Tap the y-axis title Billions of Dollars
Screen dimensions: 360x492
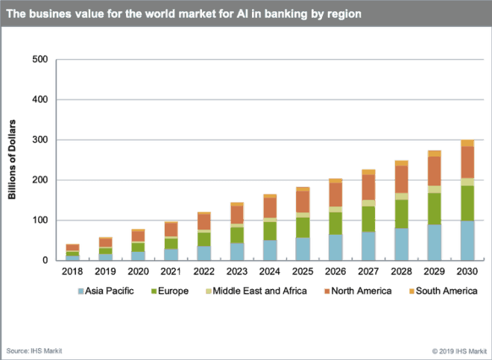[13, 160]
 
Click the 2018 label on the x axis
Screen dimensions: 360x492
[72, 273]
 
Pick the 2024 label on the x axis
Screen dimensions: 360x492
[270, 273]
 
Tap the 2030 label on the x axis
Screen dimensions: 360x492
[467, 273]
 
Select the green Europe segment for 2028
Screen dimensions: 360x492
[401, 214]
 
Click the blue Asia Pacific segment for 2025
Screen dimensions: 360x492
[303, 249]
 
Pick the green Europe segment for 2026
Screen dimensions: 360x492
[335, 224]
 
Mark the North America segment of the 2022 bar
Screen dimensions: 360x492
[204, 221]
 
